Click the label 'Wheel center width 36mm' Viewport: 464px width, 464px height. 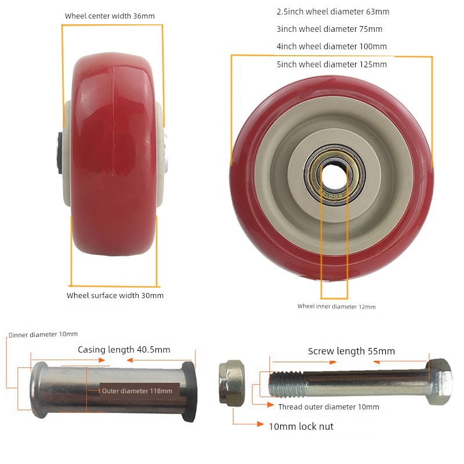pos(110,16)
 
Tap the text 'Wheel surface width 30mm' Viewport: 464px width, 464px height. pos(115,295)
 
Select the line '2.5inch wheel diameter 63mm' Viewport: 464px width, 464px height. pos(333,12)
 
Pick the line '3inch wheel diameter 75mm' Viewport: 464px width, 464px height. pos(329,29)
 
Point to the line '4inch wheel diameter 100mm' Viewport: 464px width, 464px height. pos(332,46)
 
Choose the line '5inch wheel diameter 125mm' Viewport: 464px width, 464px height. pos(332,64)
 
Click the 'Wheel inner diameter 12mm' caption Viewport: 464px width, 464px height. pos(336,307)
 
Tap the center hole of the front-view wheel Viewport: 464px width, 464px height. pos(334,175)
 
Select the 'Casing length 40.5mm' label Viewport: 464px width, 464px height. pos(124,350)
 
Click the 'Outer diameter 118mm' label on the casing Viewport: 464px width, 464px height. pos(137,391)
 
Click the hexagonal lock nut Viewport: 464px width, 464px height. pos(232,383)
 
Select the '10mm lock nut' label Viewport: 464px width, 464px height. pos(301,426)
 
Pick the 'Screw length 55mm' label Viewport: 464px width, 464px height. pos(351,351)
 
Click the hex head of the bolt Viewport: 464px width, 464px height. pos(440,381)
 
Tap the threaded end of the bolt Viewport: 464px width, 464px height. pos(287,385)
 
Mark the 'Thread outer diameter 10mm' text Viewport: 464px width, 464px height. pos(328,407)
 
